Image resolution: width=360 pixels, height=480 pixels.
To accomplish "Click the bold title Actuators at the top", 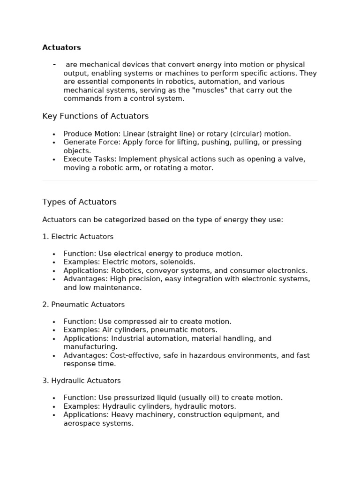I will tap(61, 47).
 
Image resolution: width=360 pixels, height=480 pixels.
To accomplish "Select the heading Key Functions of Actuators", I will tap(95, 116).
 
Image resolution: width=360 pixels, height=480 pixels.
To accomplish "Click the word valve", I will tap(294, 159).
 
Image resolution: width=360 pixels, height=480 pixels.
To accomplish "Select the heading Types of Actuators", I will tap(79, 202).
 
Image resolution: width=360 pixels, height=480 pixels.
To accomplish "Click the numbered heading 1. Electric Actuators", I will tap(78, 237).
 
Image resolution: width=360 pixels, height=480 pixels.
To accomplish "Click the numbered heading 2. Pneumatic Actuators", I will tap(83, 305).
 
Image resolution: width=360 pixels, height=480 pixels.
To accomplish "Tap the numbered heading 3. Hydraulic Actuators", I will tap(82, 381).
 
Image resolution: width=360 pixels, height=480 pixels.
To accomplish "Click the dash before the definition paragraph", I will tap(54, 64).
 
